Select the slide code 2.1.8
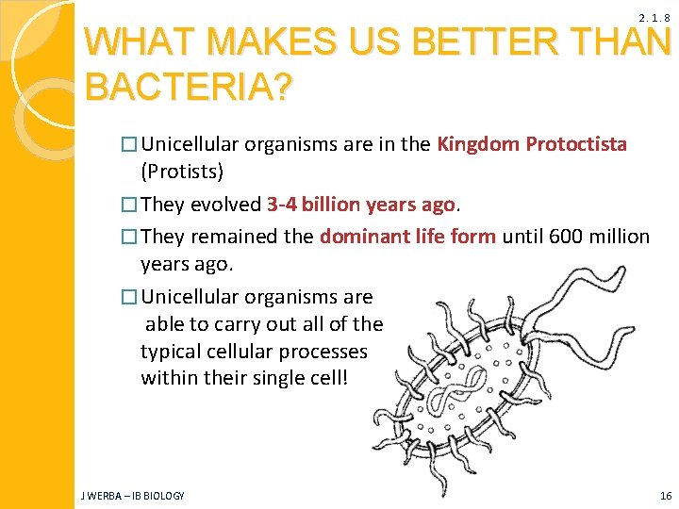click(x=654, y=18)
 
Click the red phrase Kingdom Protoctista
click(x=531, y=144)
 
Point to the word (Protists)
click(x=182, y=172)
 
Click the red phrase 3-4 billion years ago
click(x=362, y=204)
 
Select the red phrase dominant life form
click(x=407, y=236)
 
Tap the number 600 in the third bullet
click(x=562, y=236)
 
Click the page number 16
click(x=665, y=496)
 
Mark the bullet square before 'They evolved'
click(x=130, y=205)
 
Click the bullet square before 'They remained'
click(x=130, y=237)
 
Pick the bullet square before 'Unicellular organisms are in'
click(x=130, y=145)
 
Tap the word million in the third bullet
click(x=616, y=236)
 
